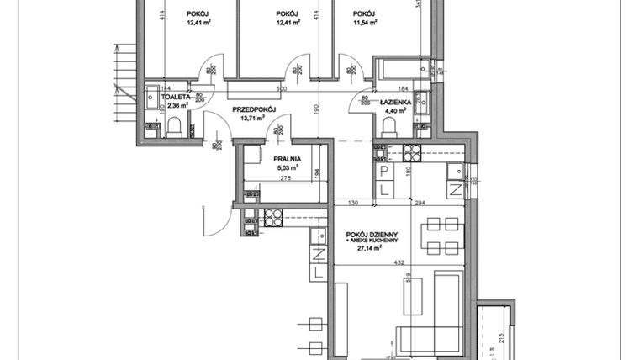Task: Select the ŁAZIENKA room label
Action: coord(395,101)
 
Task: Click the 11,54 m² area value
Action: coord(364,24)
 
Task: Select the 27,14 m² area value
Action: coord(368,249)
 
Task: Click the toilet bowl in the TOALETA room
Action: coord(175,127)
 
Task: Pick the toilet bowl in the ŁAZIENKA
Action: coord(390,126)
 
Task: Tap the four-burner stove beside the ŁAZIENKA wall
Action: coord(411,153)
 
